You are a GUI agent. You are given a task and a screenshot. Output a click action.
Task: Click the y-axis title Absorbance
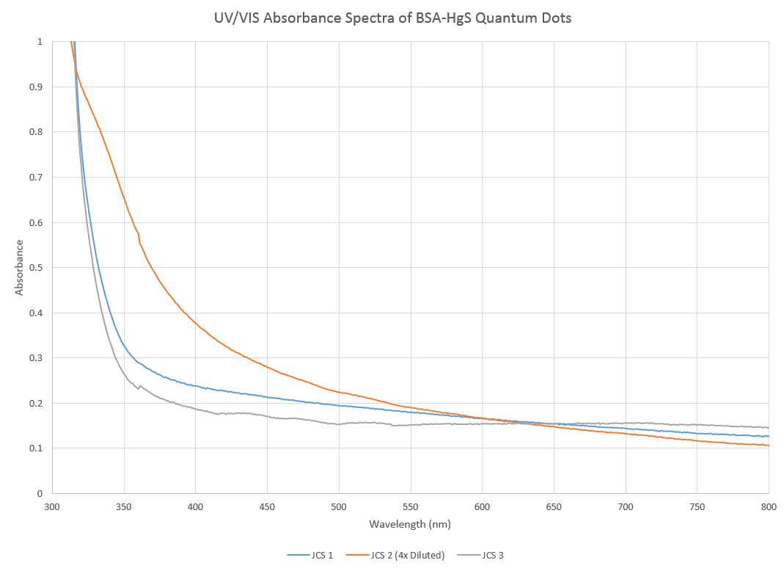click(x=19, y=267)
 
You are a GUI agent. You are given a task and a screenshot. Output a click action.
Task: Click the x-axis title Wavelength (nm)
click(x=410, y=524)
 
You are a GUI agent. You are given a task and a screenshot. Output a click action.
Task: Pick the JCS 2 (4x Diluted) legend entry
click(x=407, y=556)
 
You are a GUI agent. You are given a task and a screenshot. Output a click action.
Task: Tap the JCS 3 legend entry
click(x=493, y=556)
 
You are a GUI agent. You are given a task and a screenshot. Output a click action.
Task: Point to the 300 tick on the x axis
click(x=52, y=506)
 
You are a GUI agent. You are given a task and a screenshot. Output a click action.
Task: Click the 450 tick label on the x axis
click(x=267, y=506)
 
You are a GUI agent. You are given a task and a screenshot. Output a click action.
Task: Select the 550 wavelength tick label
click(x=410, y=506)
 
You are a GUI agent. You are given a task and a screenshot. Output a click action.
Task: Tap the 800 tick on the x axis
click(x=768, y=506)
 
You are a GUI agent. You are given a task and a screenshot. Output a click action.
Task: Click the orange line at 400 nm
click(x=195, y=321)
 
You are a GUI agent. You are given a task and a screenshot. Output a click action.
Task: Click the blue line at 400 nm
click(x=195, y=385)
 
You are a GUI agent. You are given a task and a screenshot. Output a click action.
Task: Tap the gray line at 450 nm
click(x=267, y=416)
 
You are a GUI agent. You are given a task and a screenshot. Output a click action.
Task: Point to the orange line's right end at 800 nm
click(x=767, y=445)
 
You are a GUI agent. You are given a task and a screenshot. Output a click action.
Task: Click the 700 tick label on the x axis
click(x=625, y=506)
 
